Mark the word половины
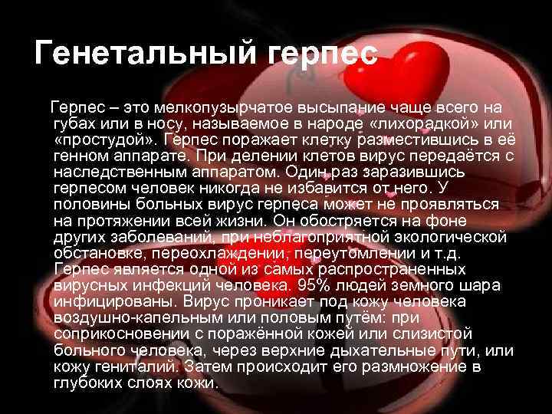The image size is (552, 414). [x=90, y=205]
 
